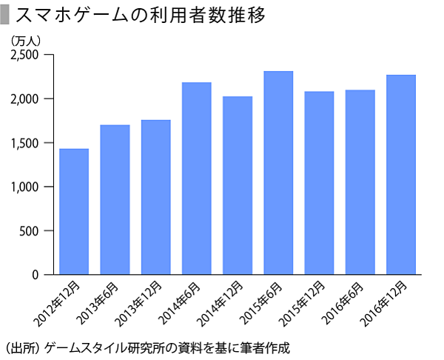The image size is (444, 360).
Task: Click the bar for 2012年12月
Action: click(74, 212)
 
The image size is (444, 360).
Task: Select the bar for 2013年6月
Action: click(115, 200)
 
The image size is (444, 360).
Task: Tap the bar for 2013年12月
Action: click(155, 197)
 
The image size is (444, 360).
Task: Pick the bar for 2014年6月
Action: click(196, 179)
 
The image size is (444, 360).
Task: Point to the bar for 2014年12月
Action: click(238, 185)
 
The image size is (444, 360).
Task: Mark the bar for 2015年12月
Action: click(319, 183)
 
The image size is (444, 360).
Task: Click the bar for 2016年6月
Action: click(360, 182)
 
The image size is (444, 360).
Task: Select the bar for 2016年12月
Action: click(400, 175)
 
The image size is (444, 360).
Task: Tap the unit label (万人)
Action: click(29, 40)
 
